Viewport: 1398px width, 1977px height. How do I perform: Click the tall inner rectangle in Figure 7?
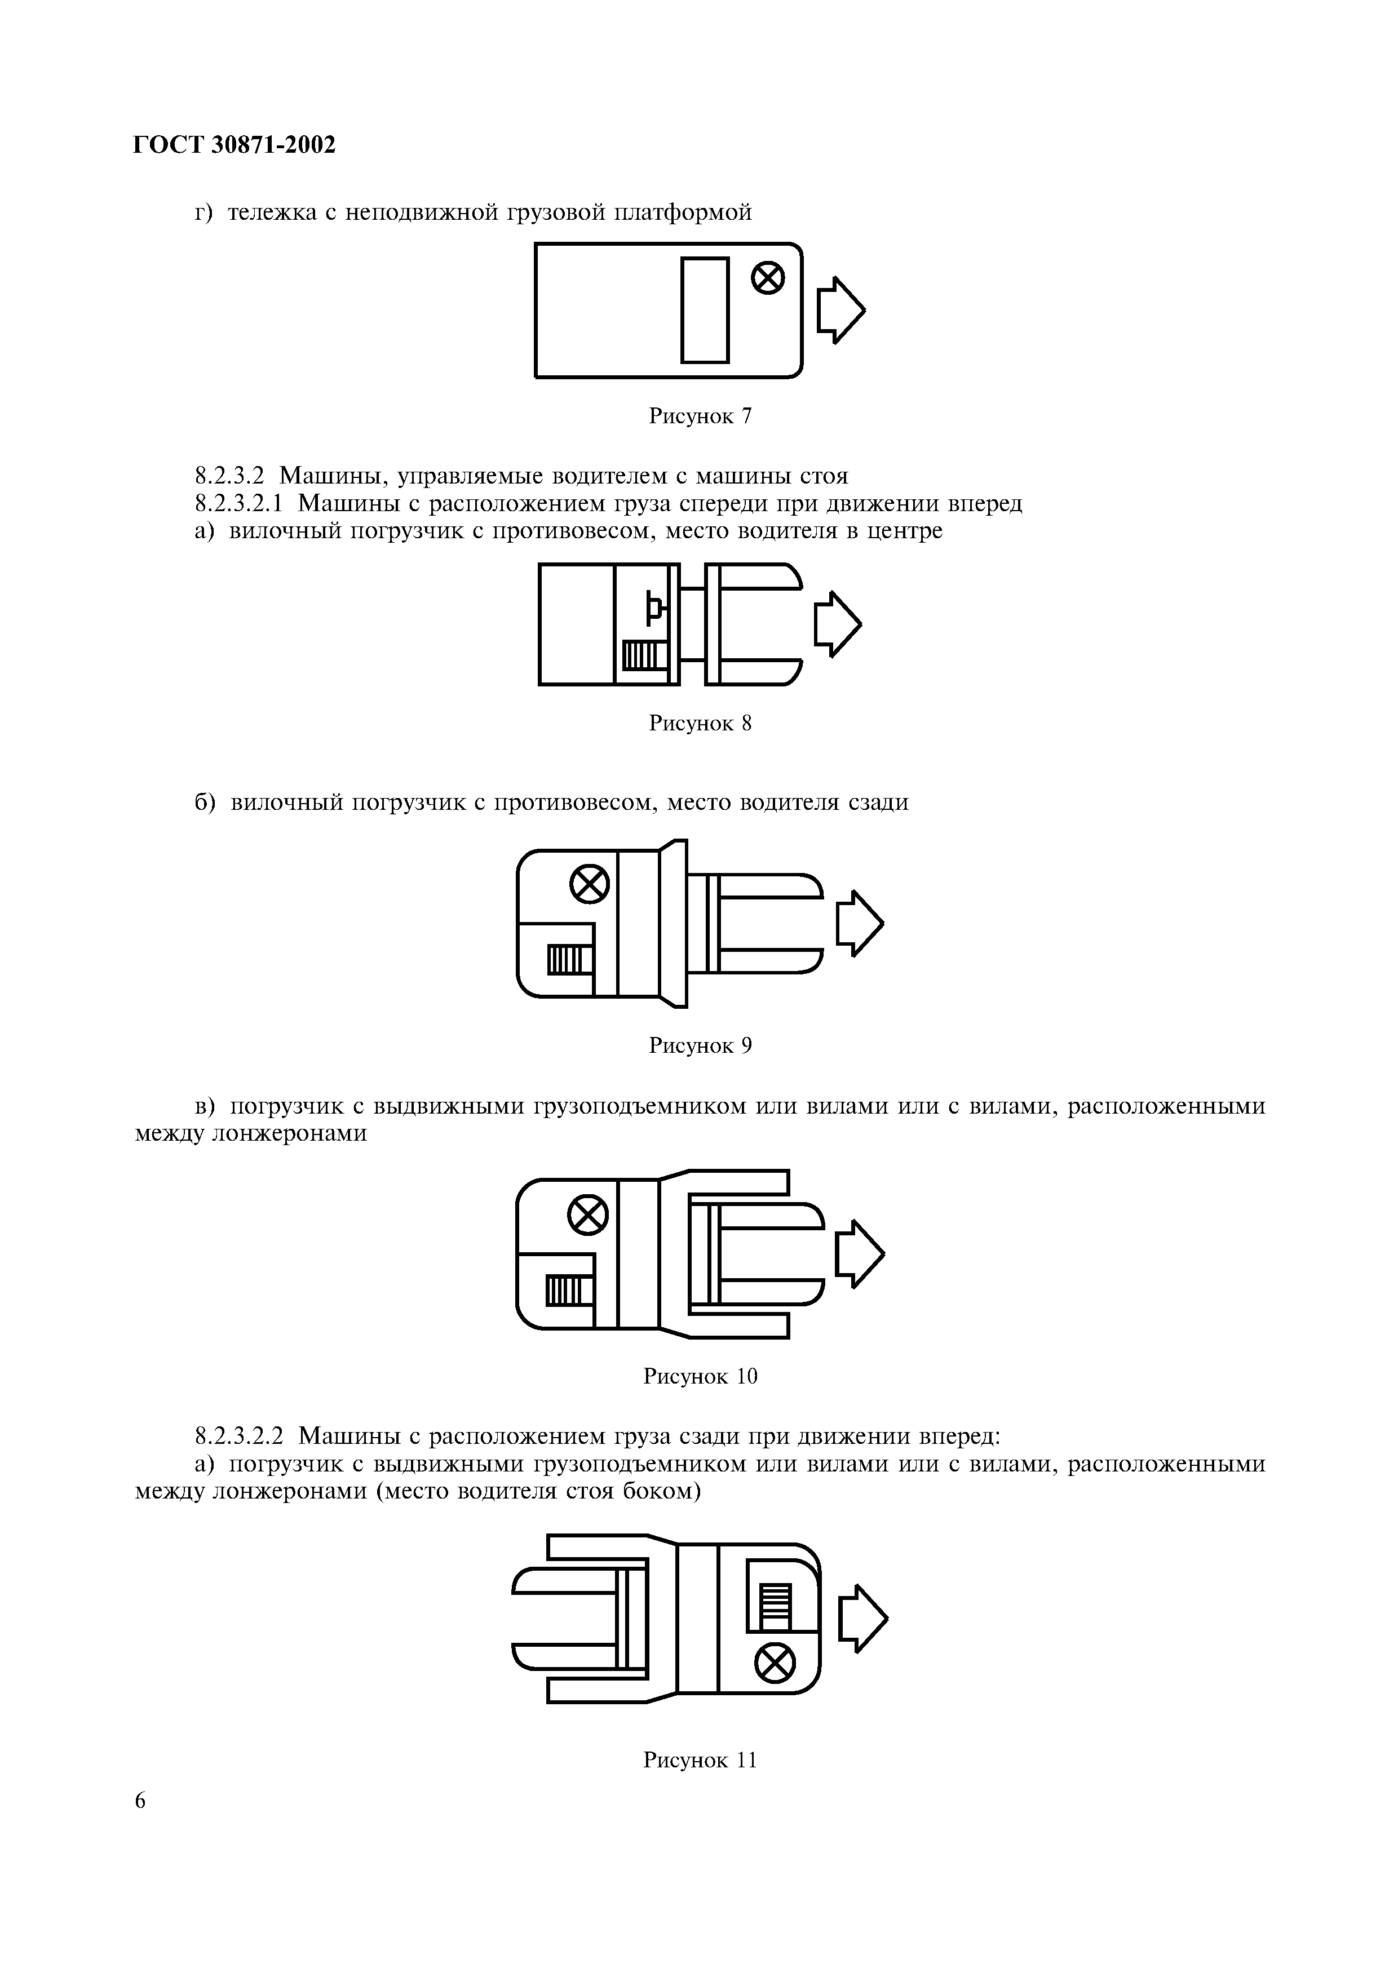[705, 310]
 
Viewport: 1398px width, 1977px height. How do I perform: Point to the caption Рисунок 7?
[700, 416]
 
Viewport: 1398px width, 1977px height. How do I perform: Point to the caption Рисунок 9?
[700, 1045]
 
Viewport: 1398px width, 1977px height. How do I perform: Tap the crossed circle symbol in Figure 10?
[589, 1216]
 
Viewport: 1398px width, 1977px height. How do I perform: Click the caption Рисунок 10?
[700, 1376]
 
